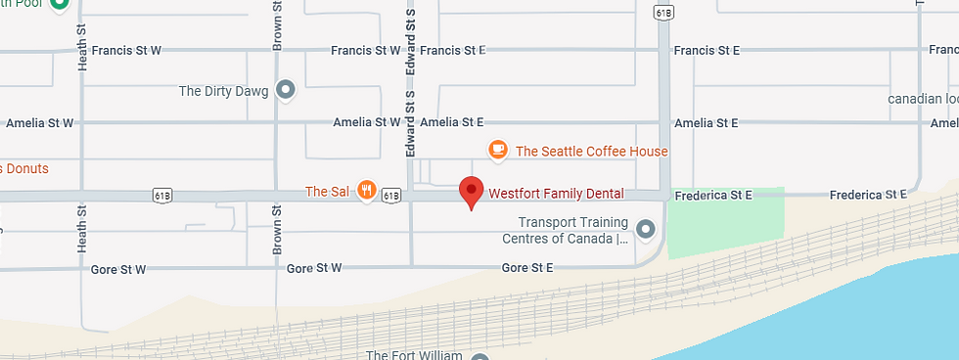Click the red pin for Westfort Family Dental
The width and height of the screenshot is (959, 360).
pos(472,191)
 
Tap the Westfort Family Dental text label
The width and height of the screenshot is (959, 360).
pos(556,194)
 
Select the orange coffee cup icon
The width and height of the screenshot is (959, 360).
pos(498,150)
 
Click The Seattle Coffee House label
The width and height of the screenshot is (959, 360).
pos(591,152)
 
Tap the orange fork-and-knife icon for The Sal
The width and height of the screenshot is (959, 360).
pos(367,191)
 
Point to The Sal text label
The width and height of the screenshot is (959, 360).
pos(327,192)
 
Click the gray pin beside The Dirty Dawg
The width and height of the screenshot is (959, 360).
pos(286,91)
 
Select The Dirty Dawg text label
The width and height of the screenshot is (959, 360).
pos(224,91)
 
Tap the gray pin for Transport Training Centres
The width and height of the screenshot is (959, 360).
pos(645,230)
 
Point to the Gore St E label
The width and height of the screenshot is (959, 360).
pos(527,267)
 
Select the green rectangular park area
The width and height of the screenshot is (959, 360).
pos(725,223)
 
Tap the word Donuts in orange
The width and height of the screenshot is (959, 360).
pos(26,168)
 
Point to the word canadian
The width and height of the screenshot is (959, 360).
pos(919,99)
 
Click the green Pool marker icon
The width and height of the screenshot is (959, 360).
pos(58,4)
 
